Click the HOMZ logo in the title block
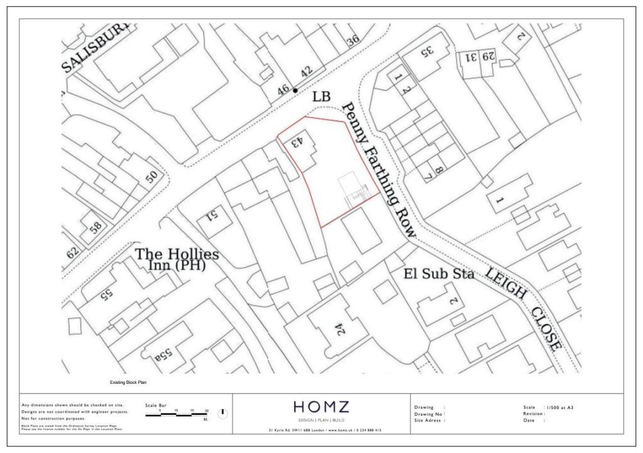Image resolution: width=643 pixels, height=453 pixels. (x=323, y=407)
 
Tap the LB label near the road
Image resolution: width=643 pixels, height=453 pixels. (x=321, y=97)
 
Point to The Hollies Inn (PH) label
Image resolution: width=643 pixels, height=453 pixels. (x=178, y=259)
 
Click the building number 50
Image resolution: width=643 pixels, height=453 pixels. (x=152, y=177)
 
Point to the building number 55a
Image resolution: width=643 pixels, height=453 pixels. (x=163, y=356)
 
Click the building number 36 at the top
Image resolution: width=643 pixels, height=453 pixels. (x=353, y=41)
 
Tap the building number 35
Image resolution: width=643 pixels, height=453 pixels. (x=427, y=50)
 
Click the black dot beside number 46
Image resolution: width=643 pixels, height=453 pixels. (x=295, y=90)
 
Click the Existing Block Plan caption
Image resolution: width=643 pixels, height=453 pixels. (x=128, y=382)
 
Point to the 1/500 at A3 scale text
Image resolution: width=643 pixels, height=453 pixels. (x=560, y=408)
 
